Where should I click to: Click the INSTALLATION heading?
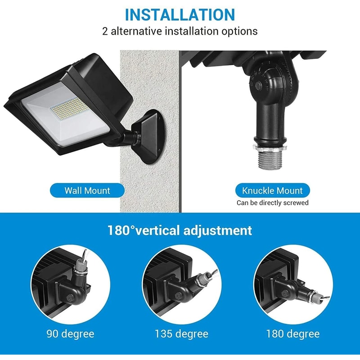(180, 14)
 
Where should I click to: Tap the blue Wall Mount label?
(87, 190)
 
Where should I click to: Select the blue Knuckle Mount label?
(273, 190)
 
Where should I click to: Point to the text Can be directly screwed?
(273, 203)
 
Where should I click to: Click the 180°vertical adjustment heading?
(180, 230)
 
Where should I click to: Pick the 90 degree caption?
(70, 334)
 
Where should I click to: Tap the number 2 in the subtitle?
(105, 31)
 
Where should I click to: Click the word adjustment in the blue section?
(217, 230)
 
